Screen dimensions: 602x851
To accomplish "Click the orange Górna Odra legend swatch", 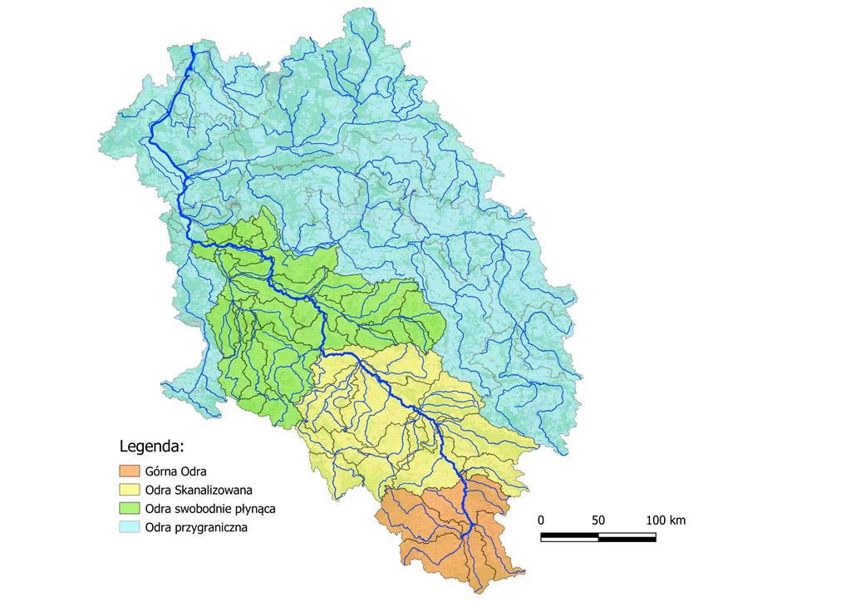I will point(130,471).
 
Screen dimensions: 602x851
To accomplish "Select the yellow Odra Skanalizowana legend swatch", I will point(130,489).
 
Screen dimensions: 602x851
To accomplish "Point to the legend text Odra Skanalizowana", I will point(198,490).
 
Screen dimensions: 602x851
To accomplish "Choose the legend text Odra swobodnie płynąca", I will point(209,508).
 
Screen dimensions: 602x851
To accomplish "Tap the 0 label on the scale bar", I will point(541,521).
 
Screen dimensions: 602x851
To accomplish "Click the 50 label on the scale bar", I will point(598,521).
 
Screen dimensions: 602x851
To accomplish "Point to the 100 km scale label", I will point(666,521).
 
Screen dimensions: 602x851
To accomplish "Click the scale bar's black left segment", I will point(569,536).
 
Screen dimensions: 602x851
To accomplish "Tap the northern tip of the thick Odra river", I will point(193,48).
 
